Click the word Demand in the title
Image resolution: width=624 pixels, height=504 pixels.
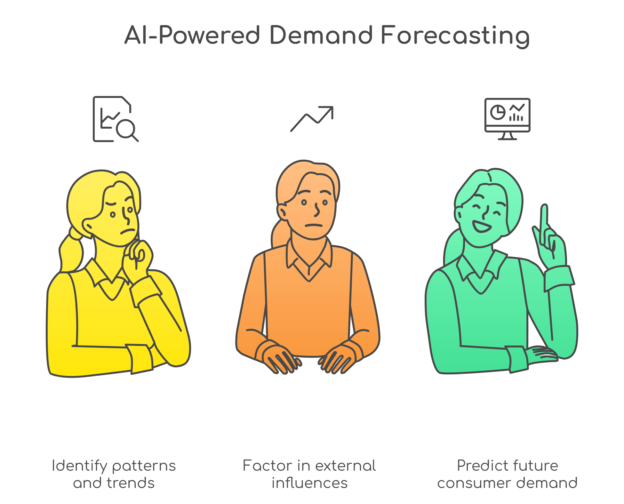321,35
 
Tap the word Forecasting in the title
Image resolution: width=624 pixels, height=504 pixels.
455,36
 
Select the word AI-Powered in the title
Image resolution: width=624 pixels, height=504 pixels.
192,35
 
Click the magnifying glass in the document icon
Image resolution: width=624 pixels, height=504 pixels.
126,129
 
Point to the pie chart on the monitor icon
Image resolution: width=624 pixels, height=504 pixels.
498,112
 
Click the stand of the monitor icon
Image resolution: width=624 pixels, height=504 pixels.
507,136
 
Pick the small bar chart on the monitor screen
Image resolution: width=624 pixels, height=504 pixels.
516,117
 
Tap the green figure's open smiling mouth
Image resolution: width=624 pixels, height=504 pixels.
481,227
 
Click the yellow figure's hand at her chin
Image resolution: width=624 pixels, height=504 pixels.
138,256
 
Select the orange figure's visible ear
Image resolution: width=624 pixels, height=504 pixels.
282,212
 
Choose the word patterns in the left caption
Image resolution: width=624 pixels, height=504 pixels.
144,466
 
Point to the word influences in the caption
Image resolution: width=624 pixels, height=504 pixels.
309,483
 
